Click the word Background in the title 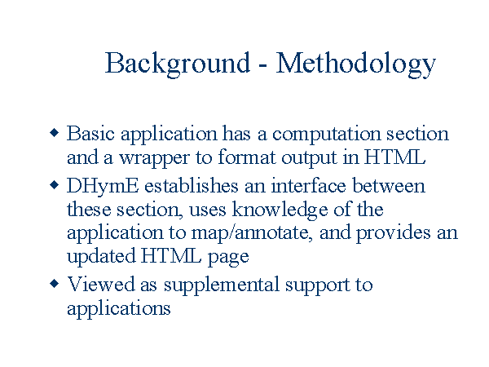(x=178, y=64)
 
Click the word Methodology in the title (x=356, y=64)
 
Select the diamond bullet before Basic (x=55, y=133)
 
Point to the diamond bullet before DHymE (x=55, y=185)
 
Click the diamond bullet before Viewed (x=55, y=284)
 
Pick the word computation (x=327, y=135)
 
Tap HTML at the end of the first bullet (x=394, y=157)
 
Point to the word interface (x=308, y=185)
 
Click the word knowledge (x=280, y=210)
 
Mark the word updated (x=101, y=258)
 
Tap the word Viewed (x=101, y=285)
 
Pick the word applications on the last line (x=119, y=310)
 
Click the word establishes (x=192, y=185)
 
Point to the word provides (x=394, y=234)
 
